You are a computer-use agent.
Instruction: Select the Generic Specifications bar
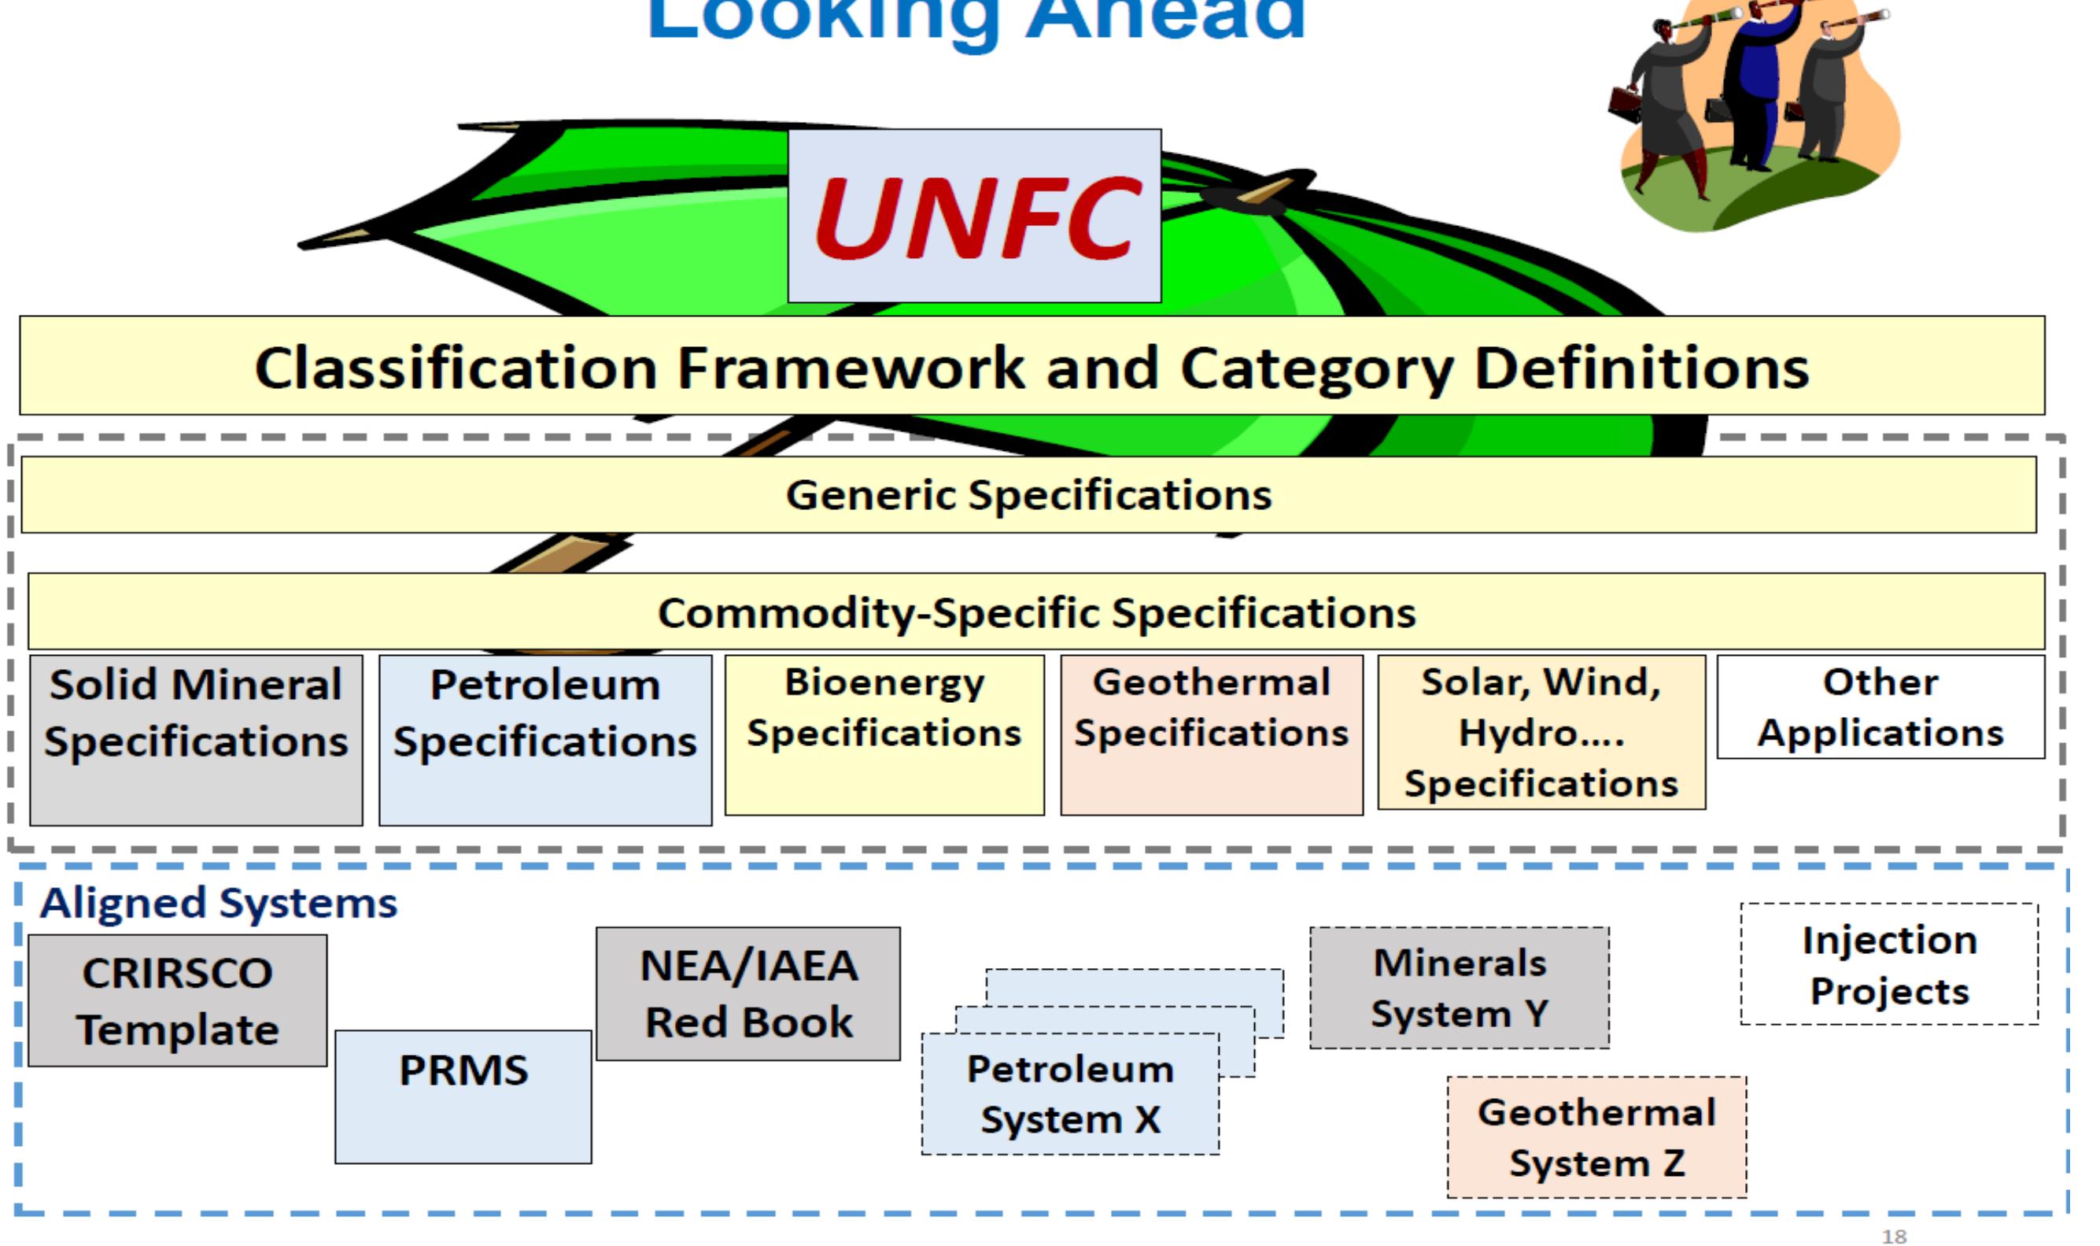1028,494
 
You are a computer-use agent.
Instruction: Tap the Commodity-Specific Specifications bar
1036,612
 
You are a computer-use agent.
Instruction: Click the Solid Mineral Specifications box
196,739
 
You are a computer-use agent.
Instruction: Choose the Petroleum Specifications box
544,739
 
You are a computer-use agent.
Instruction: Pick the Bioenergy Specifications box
884,734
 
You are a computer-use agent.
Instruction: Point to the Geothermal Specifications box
1211,734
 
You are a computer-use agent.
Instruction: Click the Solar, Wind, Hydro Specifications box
1541,732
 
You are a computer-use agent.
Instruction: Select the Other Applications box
1880,707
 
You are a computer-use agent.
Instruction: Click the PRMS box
463,1096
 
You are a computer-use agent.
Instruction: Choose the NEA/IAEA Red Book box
747,994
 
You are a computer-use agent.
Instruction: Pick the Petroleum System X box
1070,1094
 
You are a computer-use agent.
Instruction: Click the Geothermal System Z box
1596,1137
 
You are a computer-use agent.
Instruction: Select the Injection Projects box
1888,965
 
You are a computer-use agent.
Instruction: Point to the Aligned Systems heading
218,904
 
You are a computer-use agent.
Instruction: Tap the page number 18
1894,1236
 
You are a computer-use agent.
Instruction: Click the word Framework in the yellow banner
851,368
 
